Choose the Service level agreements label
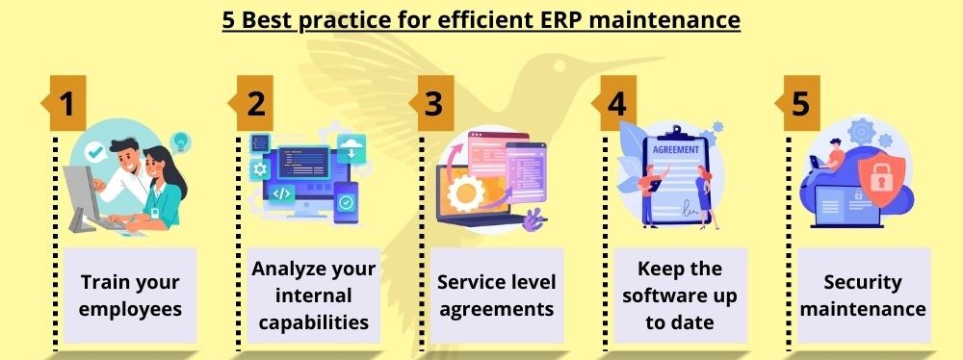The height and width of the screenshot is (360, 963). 495,296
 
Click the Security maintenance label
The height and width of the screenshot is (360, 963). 864,296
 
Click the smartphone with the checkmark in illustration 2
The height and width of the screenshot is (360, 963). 347,203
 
